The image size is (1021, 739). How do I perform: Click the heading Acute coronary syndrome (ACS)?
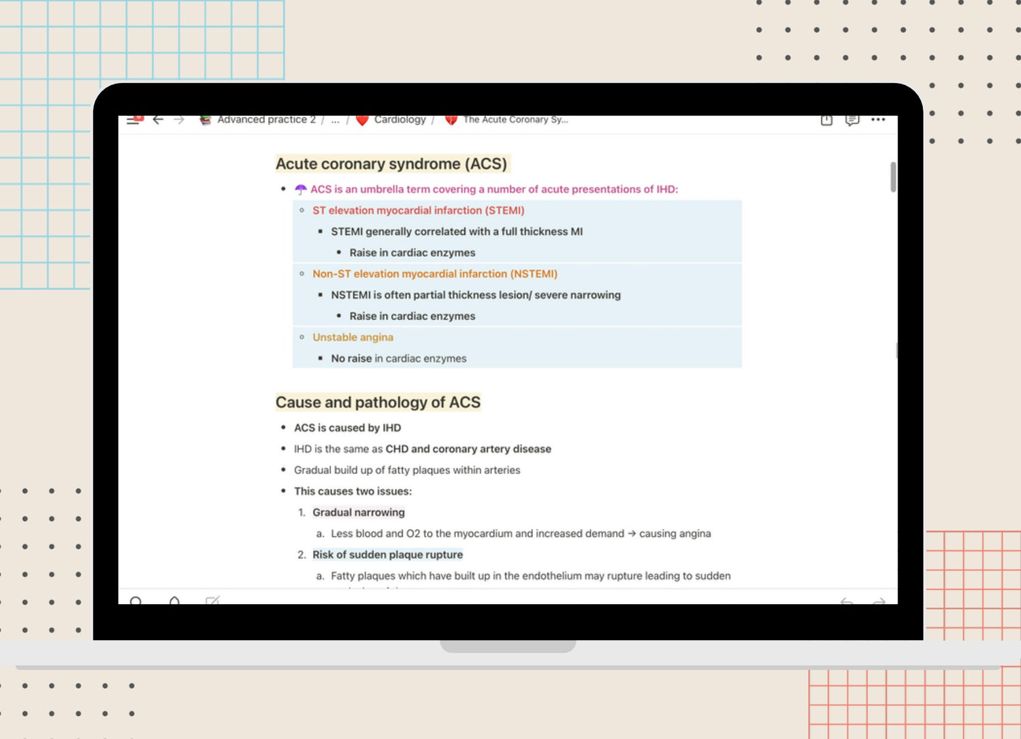(391, 164)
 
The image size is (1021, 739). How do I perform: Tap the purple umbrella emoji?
(301, 189)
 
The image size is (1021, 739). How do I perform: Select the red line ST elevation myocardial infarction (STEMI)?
(418, 210)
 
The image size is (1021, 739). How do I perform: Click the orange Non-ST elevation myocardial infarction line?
(434, 274)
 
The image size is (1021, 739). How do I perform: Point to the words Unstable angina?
(353, 337)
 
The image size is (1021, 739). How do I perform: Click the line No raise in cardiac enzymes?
(398, 358)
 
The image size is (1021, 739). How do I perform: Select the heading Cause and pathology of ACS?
(378, 403)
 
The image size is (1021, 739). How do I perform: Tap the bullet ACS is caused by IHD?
(347, 428)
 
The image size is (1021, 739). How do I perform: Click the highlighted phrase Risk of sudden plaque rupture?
(387, 554)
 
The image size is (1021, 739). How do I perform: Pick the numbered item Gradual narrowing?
(358, 512)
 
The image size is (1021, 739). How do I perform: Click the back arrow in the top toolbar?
(158, 120)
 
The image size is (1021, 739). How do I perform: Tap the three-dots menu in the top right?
(878, 120)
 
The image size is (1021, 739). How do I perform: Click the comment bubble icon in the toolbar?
(852, 120)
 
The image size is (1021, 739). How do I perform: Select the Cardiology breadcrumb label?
(400, 120)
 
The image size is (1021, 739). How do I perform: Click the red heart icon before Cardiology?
(362, 121)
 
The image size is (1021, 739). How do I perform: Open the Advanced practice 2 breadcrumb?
(266, 120)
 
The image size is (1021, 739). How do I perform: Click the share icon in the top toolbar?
(826, 120)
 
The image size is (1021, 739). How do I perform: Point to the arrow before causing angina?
(632, 533)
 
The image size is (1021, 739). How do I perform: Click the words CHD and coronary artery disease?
(468, 449)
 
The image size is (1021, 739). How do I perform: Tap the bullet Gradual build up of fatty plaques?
(406, 470)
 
